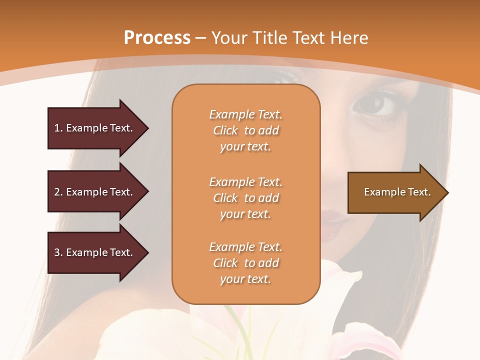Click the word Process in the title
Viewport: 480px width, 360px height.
click(x=157, y=38)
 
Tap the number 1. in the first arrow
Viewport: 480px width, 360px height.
click(x=58, y=128)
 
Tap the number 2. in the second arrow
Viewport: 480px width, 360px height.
click(x=58, y=192)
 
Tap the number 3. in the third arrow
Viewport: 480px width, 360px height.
click(x=58, y=252)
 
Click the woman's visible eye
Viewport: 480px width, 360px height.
click(x=381, y=104)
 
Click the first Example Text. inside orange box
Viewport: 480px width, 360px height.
click(x=245, y=115)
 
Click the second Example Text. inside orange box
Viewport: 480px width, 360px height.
click(x=245, y=182)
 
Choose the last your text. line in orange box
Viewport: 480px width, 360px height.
click(x=245, y=279)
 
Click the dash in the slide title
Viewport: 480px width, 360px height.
click(x=200, y=38)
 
